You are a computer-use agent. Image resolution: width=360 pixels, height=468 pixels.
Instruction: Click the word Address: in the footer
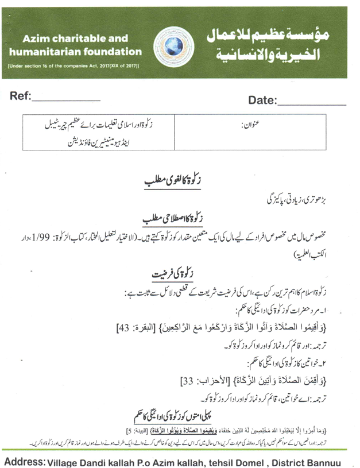tap(25, 461)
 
